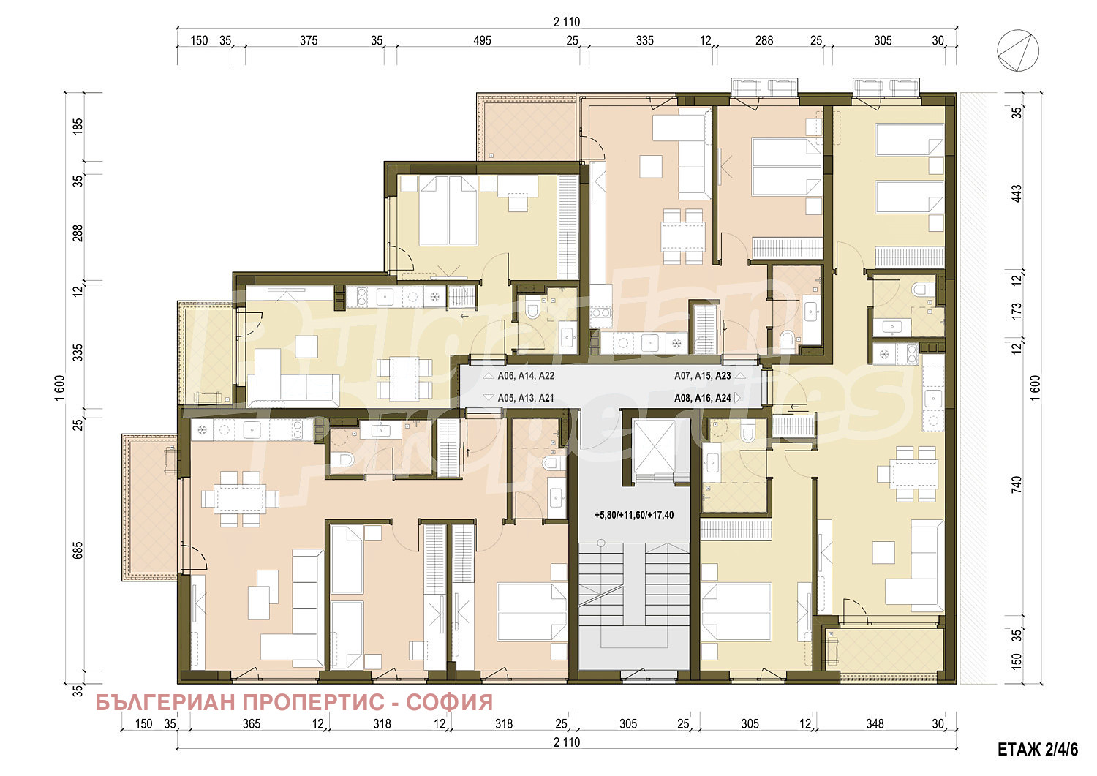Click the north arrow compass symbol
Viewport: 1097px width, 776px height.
tap(1018, 50)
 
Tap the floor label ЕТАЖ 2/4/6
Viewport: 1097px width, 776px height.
tap(1038, 750)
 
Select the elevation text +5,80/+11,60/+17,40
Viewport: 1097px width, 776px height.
tap(634, 515)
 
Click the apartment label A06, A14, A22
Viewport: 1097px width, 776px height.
tap(526, 376)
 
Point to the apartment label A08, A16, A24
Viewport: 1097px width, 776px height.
tap(702, 398)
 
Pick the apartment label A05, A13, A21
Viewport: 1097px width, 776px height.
tap(526, 398)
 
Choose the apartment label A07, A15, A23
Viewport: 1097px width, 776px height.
tap(702, 376)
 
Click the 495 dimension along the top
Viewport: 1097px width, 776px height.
tap(482, 41)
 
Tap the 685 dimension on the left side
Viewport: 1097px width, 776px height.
tap(78, 550)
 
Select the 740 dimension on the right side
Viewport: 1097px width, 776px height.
tap(1017, 484)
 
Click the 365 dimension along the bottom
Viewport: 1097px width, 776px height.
tap(252, 723)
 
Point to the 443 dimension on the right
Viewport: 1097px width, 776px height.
tap(1017, 193)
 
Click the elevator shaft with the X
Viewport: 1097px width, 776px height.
tap(655, 446)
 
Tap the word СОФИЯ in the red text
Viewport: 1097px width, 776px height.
tap(450, 702)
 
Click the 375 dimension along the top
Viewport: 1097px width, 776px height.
tap(309, 41)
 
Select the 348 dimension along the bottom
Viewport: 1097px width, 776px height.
tap(875, 723)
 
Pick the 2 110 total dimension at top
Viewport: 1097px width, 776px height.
tap(567, 22)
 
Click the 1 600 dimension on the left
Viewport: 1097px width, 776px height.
tap(59, 388)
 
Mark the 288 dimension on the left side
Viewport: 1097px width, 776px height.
tap(78, 233)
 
